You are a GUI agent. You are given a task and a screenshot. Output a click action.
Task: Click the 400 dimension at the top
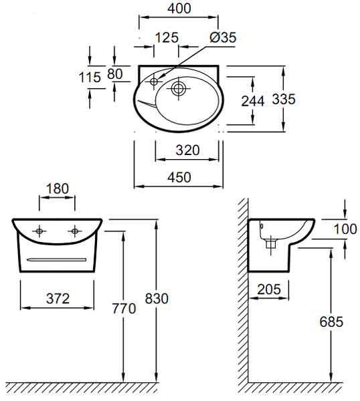coord(179,8)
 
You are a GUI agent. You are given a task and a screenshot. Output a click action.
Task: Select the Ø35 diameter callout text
coord(223,37)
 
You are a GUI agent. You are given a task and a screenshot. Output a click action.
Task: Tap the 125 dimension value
coord(167,37)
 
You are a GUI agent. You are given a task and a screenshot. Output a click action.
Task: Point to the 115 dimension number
coord(90,78)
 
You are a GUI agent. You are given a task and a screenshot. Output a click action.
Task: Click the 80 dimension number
coord(115,74)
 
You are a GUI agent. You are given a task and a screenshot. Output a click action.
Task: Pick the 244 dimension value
coord(253,101)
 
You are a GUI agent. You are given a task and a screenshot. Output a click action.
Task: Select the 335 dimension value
coord(284,99)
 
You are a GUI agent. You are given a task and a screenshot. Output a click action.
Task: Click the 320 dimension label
coord(187,150)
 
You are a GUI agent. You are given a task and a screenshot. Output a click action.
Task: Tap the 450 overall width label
coord(179,177)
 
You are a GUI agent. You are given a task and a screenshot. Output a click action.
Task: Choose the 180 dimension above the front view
coord(58,188)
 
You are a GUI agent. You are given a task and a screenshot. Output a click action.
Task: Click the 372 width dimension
coord(58,299)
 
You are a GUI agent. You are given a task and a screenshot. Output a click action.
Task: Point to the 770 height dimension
coord(124,309)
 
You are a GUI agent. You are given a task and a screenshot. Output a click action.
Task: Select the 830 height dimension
coord(157,299)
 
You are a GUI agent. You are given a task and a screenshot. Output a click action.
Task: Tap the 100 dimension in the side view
coord(345,229)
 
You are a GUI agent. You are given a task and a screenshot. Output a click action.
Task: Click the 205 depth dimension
coord(269,289)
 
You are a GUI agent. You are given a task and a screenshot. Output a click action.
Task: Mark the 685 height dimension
coord(331,321)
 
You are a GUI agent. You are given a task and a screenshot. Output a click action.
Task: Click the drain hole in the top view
coord(179,88)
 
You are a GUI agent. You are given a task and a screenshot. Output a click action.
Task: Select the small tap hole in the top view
coord(154,82)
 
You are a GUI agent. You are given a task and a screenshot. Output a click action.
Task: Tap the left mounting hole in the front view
coord(39,231)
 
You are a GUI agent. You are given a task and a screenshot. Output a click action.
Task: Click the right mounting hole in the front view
coord(75,231)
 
